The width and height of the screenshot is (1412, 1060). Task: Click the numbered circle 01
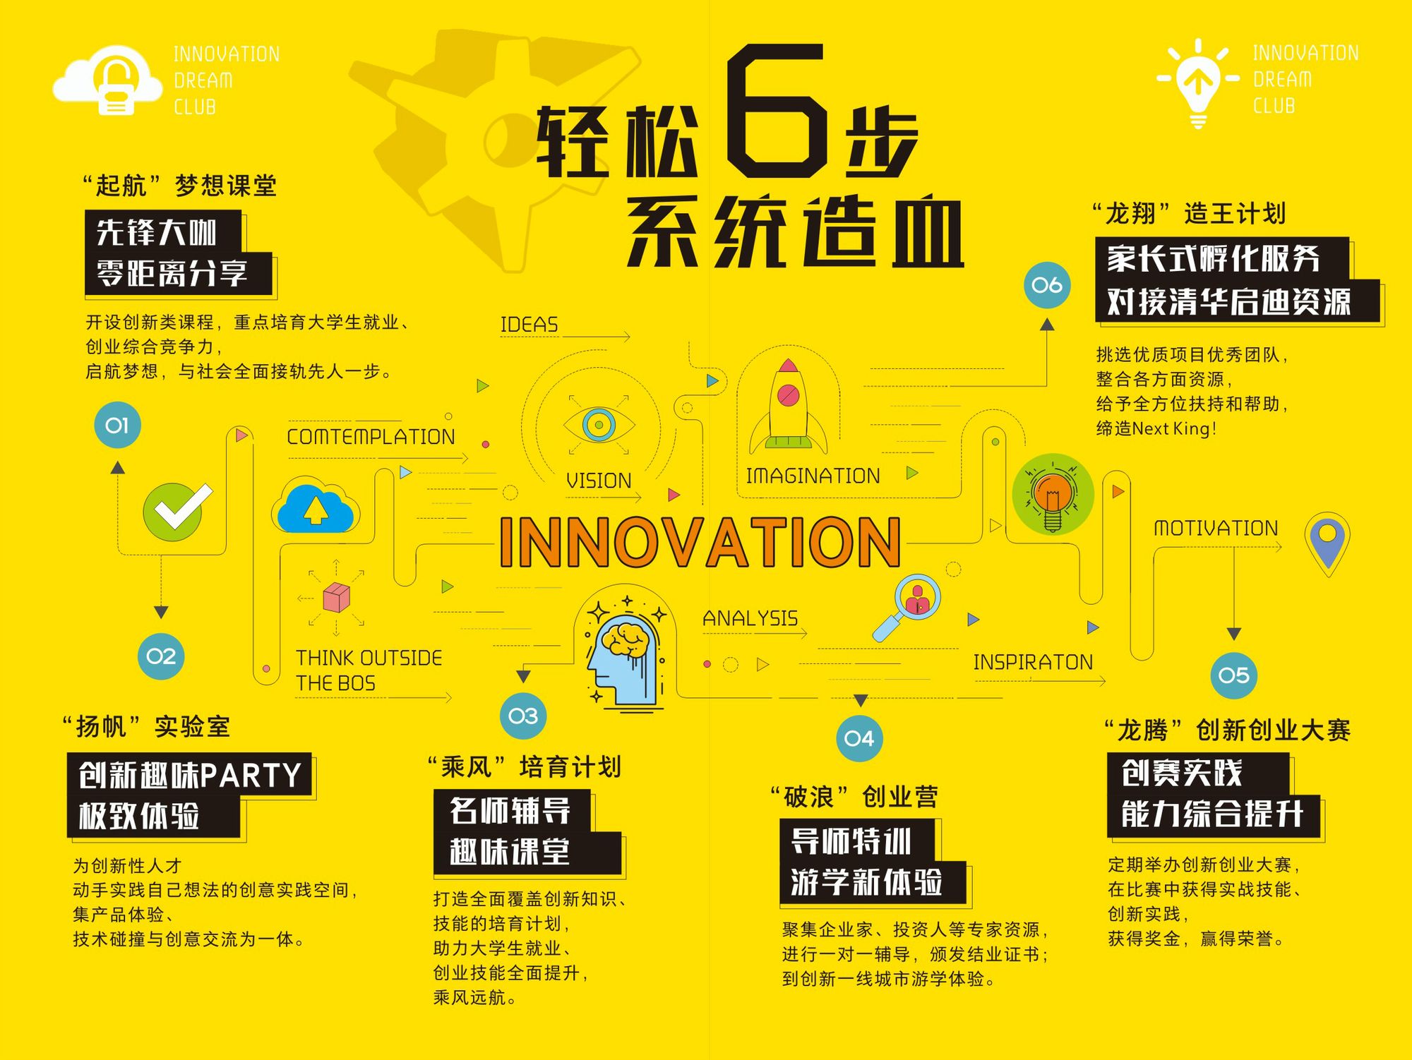[x=117, y=425]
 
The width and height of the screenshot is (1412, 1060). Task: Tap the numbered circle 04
[x=859, y=738]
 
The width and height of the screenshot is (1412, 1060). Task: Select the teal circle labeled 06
[x=1047, y=285]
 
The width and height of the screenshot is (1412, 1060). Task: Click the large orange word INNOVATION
[x=700, y=542]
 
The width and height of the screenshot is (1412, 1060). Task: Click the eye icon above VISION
[x=599, y=424]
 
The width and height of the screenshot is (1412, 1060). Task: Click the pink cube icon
[x=336, y=597]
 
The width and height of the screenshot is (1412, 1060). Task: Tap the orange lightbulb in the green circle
[x=1053, y=494]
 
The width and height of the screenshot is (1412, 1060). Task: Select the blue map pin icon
[x=1327, y=542]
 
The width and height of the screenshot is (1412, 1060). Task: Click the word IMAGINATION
[x=813, y=476]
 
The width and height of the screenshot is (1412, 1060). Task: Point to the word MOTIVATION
[x=1216, y=528]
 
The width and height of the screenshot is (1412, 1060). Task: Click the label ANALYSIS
[x=750, y=618]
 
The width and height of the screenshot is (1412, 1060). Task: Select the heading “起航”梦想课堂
[x=179, y=186]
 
